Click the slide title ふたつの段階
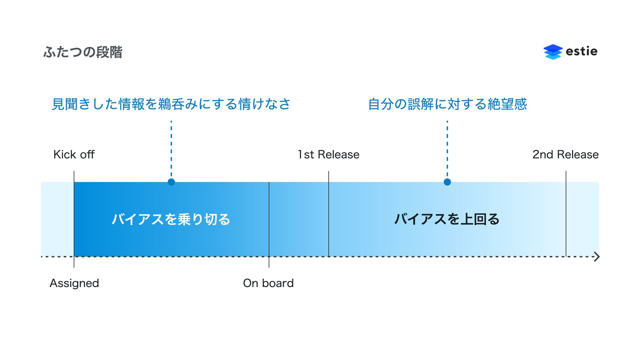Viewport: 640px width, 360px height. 83,52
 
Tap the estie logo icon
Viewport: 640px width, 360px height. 553,52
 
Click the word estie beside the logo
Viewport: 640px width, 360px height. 581,51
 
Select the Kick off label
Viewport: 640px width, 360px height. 74,155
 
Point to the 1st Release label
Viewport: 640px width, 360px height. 328,155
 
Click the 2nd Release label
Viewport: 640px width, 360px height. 565,155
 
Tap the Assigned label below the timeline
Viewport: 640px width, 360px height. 74,283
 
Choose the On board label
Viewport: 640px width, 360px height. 268,283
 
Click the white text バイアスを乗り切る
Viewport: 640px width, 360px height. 171,219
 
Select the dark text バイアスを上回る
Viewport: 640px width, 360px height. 447,219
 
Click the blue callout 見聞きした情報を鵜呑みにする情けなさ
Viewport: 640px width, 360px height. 171,104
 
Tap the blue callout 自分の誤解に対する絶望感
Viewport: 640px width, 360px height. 447,104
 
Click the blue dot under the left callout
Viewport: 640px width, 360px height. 171,182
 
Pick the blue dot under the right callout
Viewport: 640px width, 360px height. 447,182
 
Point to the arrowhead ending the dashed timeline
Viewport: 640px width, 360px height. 597,257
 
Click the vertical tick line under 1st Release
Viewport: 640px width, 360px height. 329,213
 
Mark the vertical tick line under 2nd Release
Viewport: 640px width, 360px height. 566,213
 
